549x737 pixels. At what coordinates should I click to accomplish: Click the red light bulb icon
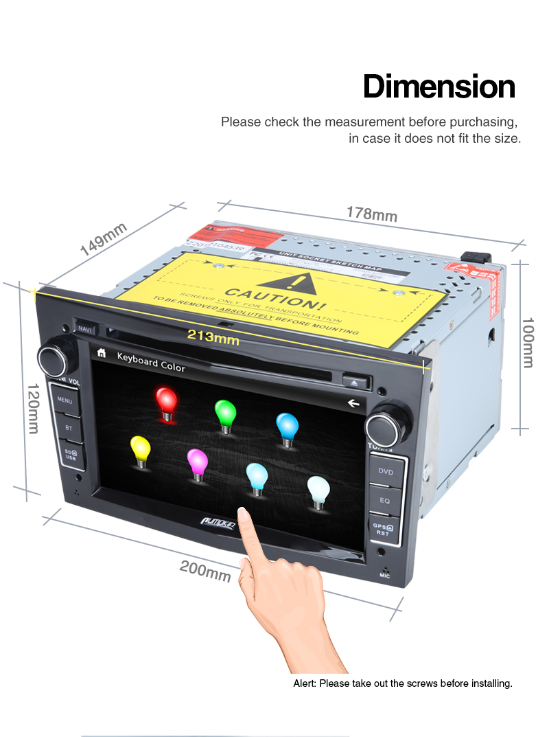click(x=166, y=401)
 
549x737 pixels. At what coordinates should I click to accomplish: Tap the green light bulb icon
click(x=225, y=413)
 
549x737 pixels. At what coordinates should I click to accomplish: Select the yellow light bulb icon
click(x=140, y=449)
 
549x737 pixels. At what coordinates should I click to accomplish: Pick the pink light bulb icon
click(x=197, y=462)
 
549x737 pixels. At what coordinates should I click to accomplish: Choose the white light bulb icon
click(x=318, y=490)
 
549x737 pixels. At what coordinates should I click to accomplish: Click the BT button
click(x=68, y=427)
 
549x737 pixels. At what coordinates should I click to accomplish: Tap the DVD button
click(x=386, y=472)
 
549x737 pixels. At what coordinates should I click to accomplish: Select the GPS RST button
click(x=382, y=529)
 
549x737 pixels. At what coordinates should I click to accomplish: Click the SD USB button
click(x=71, y=455)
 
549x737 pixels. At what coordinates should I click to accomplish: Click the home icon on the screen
click(x=102, y=354)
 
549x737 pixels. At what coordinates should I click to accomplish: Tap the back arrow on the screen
click(x=353, y=402)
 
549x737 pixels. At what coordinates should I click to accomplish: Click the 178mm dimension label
click(x=371, y=214)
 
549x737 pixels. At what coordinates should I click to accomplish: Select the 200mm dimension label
click(x=205, y=570)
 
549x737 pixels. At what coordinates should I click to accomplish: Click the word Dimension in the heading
click(x=439, y=87)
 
